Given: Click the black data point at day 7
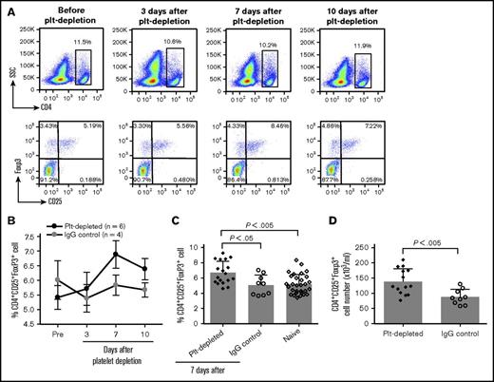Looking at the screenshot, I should point(115,280).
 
